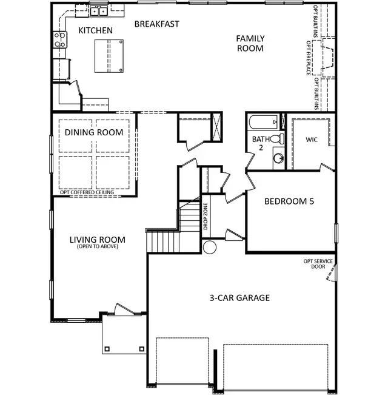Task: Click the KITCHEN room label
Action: tap(95, 30)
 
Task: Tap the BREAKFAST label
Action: tap(157, 24)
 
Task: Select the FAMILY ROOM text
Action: tap(250, 43)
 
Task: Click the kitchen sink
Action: tap(99, 12)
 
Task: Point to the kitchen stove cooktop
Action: tap(60, 39)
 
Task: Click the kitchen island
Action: tap(109, 56)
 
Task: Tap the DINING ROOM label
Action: tap(94, 132)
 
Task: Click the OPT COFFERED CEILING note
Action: tap(87, 192)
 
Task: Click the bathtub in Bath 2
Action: tap(264, 122)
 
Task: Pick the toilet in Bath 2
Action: tap(277, 139)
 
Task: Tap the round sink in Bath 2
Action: tap(278, 158)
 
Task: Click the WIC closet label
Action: tap(312, 140)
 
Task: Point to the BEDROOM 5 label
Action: tap(289, 201)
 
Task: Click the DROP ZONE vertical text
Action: tap(206, 217)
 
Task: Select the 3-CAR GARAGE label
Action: tap(239, 298)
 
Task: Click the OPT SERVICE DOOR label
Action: tap(318, 264)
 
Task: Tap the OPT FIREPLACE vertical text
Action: tap(308, 58)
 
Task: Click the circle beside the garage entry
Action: tap(210, 247)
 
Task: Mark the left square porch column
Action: tap(107, 349)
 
